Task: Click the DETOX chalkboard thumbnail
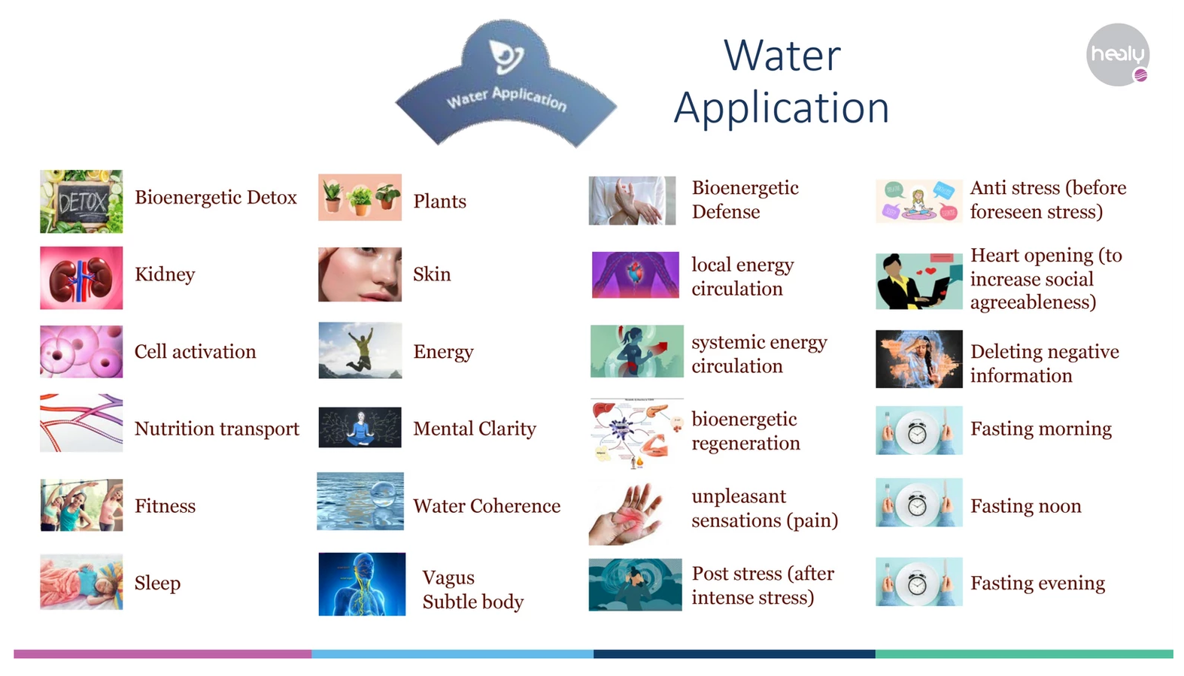(x=81, y=202)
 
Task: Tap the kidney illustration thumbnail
(x=81, y=277)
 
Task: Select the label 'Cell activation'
(x=195, y=351)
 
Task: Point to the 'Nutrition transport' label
(x=217, y=429)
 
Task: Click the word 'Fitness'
(x=165, y=506)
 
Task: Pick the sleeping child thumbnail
(x=81, y=581)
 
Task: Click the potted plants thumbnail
(x=360, y=197)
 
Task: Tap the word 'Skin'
(x=432, y=274)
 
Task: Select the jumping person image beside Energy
(x=360, y=350)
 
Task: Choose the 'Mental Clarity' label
(x=475, y=429)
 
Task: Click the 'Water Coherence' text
(x=487, y=506)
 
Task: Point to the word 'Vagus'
(x=448, y=578)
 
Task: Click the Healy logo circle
(x=1118, y=54)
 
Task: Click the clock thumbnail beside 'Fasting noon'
(x=918, y=502)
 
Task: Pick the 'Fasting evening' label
(x=1037, y=583)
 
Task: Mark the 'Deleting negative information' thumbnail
(x=919, y=359)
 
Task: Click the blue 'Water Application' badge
(x=505, y=84)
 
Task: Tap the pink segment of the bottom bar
(x=162, y=654)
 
